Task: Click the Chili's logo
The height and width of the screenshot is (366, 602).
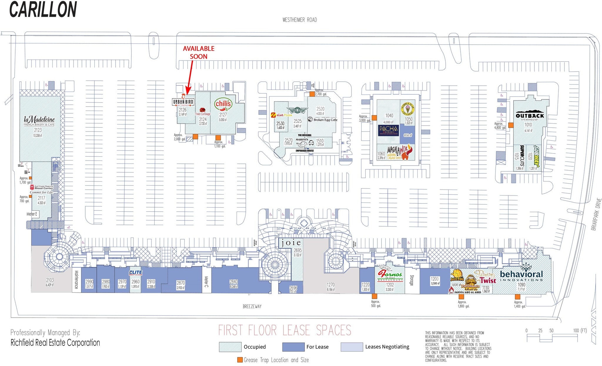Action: coord(223,105)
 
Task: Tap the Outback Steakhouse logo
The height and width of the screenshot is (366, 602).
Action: coord(530,116)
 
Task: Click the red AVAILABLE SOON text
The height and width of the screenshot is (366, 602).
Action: coord(199,53)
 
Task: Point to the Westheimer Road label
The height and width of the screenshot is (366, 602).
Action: coord(300,20)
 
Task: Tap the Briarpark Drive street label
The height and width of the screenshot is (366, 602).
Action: coord(596,214)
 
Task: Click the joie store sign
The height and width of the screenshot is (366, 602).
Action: coord(290,243)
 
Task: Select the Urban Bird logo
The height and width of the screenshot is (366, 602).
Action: coord(183,102)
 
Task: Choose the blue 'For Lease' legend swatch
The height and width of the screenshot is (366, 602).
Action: coord(293,347)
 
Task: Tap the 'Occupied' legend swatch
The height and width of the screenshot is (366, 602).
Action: coord(230,347)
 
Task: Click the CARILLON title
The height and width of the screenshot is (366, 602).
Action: coord(43,9)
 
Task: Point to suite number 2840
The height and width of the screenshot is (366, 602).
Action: coord(234,282)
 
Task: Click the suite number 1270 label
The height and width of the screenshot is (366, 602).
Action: coord(331,285)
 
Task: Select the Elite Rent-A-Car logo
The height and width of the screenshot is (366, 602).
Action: coord(136,273)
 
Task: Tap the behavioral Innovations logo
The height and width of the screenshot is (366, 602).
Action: coord(521,275)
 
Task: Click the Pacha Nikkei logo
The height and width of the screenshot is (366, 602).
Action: coord(388,130)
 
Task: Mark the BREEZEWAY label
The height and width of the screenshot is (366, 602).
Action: coord(252,306)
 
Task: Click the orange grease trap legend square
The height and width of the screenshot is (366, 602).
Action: coord(240,360)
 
